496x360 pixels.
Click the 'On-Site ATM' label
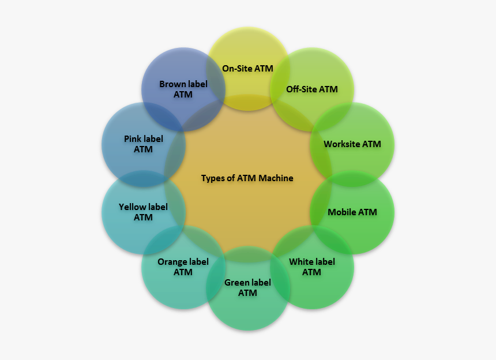coord(247,68)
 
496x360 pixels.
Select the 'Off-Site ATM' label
coord(311,89)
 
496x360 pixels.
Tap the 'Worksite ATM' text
coord(352,144)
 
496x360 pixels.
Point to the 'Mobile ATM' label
coord(352,212)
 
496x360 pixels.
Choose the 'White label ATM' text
coord(311,267)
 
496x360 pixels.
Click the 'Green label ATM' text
coord(247,287)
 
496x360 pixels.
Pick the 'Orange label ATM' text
coord(183,267)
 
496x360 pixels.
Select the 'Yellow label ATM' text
coord(143,212)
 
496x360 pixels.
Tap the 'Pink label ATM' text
coord(143,144)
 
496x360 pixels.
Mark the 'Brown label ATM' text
coord(183,89)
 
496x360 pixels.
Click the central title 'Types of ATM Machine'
coord(247,178)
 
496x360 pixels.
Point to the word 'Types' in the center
coord(212,178)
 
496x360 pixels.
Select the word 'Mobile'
coord(341,212)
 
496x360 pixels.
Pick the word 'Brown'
coord(172,84)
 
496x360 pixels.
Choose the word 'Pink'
coord(133,138)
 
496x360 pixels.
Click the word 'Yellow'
coord(132,207)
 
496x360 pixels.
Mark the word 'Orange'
coord(172,261)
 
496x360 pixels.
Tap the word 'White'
coord(301,261)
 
